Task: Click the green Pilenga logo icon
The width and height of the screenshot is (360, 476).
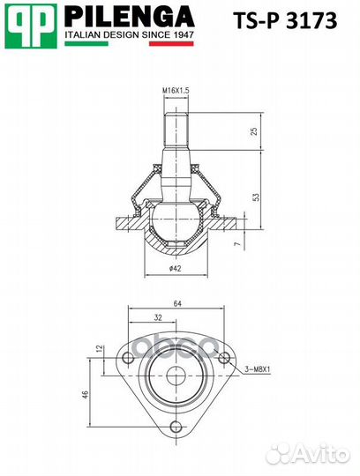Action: coord(31,25)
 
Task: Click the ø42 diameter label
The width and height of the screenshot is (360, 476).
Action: coord(175,267)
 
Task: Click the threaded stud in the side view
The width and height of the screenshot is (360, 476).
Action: coord(175,133)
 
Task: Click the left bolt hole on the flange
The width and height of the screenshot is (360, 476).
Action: coord(129,357)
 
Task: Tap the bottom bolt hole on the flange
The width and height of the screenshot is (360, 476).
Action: coord(176,437)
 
